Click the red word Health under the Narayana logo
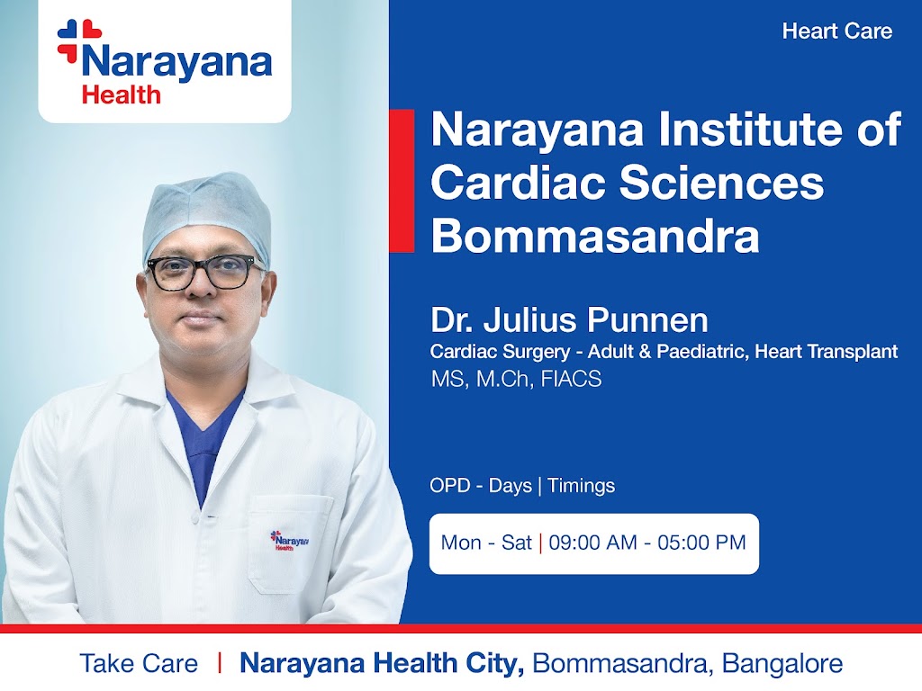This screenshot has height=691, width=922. pos(122,94)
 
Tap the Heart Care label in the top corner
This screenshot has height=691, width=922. pos(836,31)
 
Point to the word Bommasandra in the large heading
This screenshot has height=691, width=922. pos(595,236)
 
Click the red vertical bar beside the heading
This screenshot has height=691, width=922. pos(402,180)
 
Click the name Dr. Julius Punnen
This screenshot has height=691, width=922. pos(569,320)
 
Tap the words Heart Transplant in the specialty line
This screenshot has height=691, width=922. pos(827,352)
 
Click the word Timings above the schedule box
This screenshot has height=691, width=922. pos(581,486)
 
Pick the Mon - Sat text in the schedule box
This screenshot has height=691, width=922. pos(486,543)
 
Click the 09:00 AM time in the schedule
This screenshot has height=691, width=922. pos(592,543)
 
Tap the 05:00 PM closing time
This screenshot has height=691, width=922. pos(702,543)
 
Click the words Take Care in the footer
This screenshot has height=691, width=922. pos(139,663)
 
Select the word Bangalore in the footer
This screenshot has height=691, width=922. pos(782,663)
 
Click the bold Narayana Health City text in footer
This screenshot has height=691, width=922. pos(382,663)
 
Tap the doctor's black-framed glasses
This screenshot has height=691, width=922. pos(204,273)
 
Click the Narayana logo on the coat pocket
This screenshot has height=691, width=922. pos(289,541)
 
